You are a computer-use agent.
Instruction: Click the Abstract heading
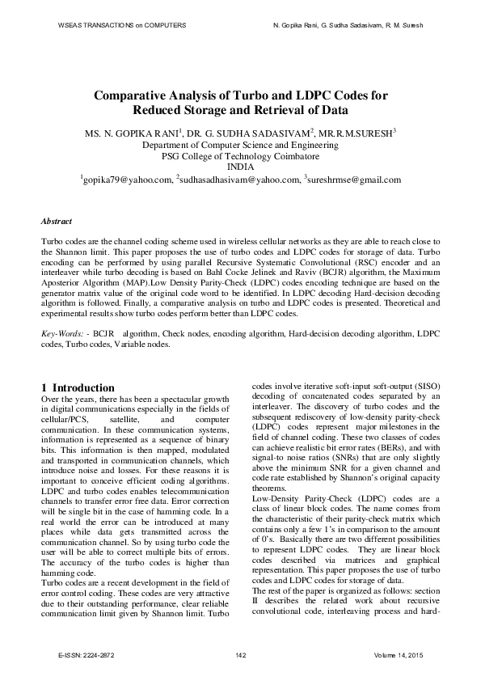pyautogui.click(x=56, y=221)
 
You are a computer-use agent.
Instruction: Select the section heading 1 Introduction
pyautogui.click(x=78, y=387)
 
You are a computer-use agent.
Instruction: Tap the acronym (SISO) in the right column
pyautogui.click(x=424, y=387)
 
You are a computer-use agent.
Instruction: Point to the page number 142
pyautogui.click(x=240, y=654)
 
